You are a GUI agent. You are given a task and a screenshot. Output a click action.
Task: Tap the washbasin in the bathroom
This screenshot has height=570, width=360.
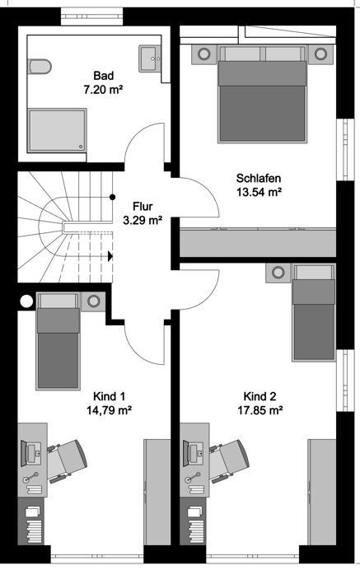click(x=150, y=57)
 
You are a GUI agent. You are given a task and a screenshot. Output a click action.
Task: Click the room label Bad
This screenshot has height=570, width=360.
click(x=103, y=73)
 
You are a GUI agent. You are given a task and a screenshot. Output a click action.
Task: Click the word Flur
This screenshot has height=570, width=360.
click(x=143, y=207)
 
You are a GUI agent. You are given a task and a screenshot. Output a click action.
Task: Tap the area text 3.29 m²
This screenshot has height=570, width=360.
click(x=142, y=220)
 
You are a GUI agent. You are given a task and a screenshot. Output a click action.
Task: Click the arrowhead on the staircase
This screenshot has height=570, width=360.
click(x=110, y=255)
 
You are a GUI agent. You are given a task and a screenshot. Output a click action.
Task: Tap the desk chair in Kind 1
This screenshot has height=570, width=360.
click(x=69, y=458)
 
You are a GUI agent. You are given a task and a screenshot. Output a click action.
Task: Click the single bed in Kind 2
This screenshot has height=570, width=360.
click(x=314, y=313)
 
